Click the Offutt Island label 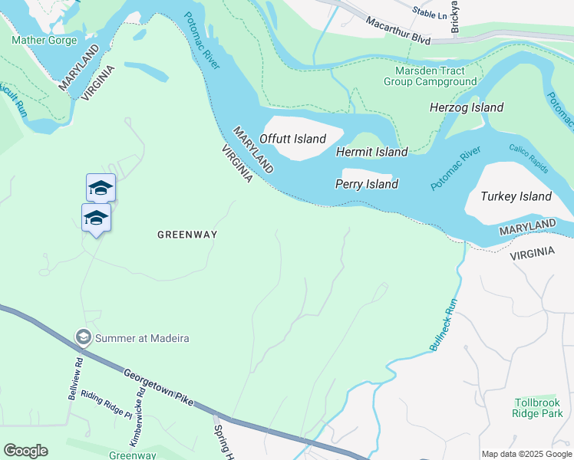click(x=292, y=139)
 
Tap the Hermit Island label click(x=372, y=152)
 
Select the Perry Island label click(x=367, y=184)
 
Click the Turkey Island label click(x=516, y=196)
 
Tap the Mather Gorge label click(x=45, y=40)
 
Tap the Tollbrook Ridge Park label click(x=538, y=407)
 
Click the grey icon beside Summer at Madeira click(x=83, y=337)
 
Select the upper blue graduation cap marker click(x=101, y=188)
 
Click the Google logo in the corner click(x=25, y=451)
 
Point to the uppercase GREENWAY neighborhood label click(x=187, y=235)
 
